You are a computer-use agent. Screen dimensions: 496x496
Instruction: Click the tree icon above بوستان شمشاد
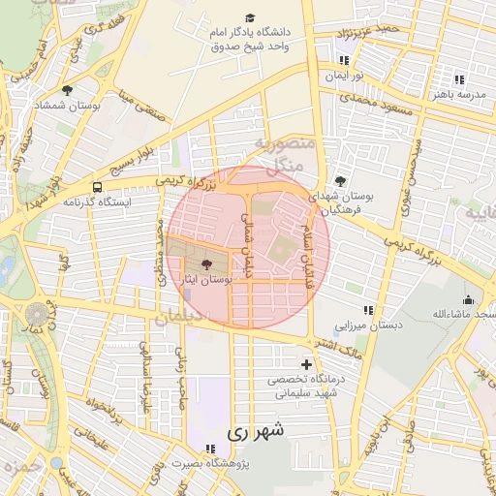(x=66, y=90)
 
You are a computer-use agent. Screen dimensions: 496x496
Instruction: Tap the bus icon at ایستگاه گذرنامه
(x=97, y=186)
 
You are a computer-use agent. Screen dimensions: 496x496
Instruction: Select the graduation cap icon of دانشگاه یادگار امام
(x=251, y=18)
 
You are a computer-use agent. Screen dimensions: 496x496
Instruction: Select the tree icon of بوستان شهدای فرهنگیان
(x=339, y=181)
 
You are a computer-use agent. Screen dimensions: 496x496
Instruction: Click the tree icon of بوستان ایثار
(x=204, y=263)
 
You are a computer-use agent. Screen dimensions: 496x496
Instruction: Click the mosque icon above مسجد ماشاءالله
(x=469, y=299)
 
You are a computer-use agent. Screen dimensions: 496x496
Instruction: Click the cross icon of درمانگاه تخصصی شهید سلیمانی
(x=307, y=365)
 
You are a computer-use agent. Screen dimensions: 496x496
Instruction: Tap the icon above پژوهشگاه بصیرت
(x=210, y=448)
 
